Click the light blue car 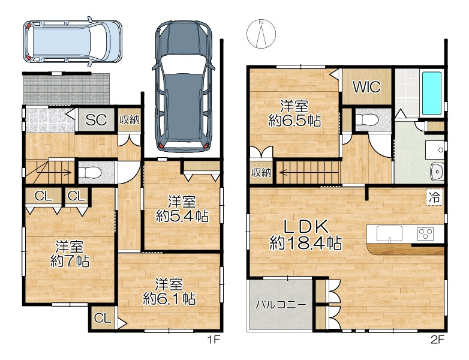tap(73, 41)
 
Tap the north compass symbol tap(261, 34)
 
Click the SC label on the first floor tap(96, 120)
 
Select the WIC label tap(366, 87)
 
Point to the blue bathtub tap(431, 94)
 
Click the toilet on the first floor tap(90, 173)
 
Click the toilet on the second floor tap(366, 120)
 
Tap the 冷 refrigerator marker tap(434, 197)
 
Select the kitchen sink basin tap(389, 233)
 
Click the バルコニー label tap(281, 305)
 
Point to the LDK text tap(305, 227)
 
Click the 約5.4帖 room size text tap(182, 216)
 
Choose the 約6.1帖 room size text tap(169, 298)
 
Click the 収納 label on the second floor tap(261, 173)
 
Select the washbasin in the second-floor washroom tap(437, 172)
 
